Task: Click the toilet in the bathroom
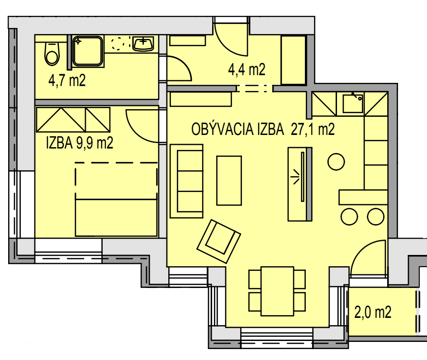52,54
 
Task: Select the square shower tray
88,51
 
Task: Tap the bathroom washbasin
143,43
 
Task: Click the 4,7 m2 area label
67,81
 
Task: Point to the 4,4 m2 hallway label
247,69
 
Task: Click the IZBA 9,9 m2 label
80,143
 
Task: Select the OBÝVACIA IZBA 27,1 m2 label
263,129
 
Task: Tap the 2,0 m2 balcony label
373,312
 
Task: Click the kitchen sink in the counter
353,104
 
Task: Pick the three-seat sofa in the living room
186,181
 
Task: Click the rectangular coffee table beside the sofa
229,180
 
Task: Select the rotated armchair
218,241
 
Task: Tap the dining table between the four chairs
277,291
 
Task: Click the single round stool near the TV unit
337,162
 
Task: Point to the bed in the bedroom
116,199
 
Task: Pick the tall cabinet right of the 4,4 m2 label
293,60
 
